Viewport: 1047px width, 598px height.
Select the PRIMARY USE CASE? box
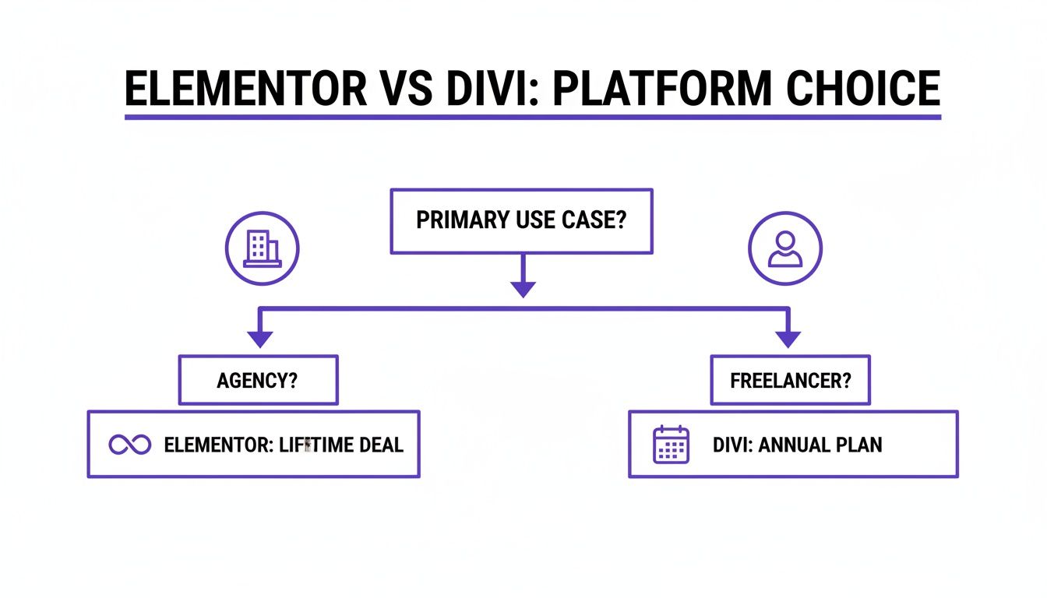[521, 220]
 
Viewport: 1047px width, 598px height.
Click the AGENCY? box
[258, 381]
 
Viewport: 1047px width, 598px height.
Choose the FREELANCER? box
[790, 381]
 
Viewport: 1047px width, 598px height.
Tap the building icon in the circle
[262, 249]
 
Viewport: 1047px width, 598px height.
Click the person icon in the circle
[784, 249]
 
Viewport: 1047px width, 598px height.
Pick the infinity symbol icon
[130, 445]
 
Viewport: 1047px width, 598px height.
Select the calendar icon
[670, 445]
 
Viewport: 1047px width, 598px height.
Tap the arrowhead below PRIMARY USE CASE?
[523, 288]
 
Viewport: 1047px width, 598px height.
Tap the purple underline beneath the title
[533, 117]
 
